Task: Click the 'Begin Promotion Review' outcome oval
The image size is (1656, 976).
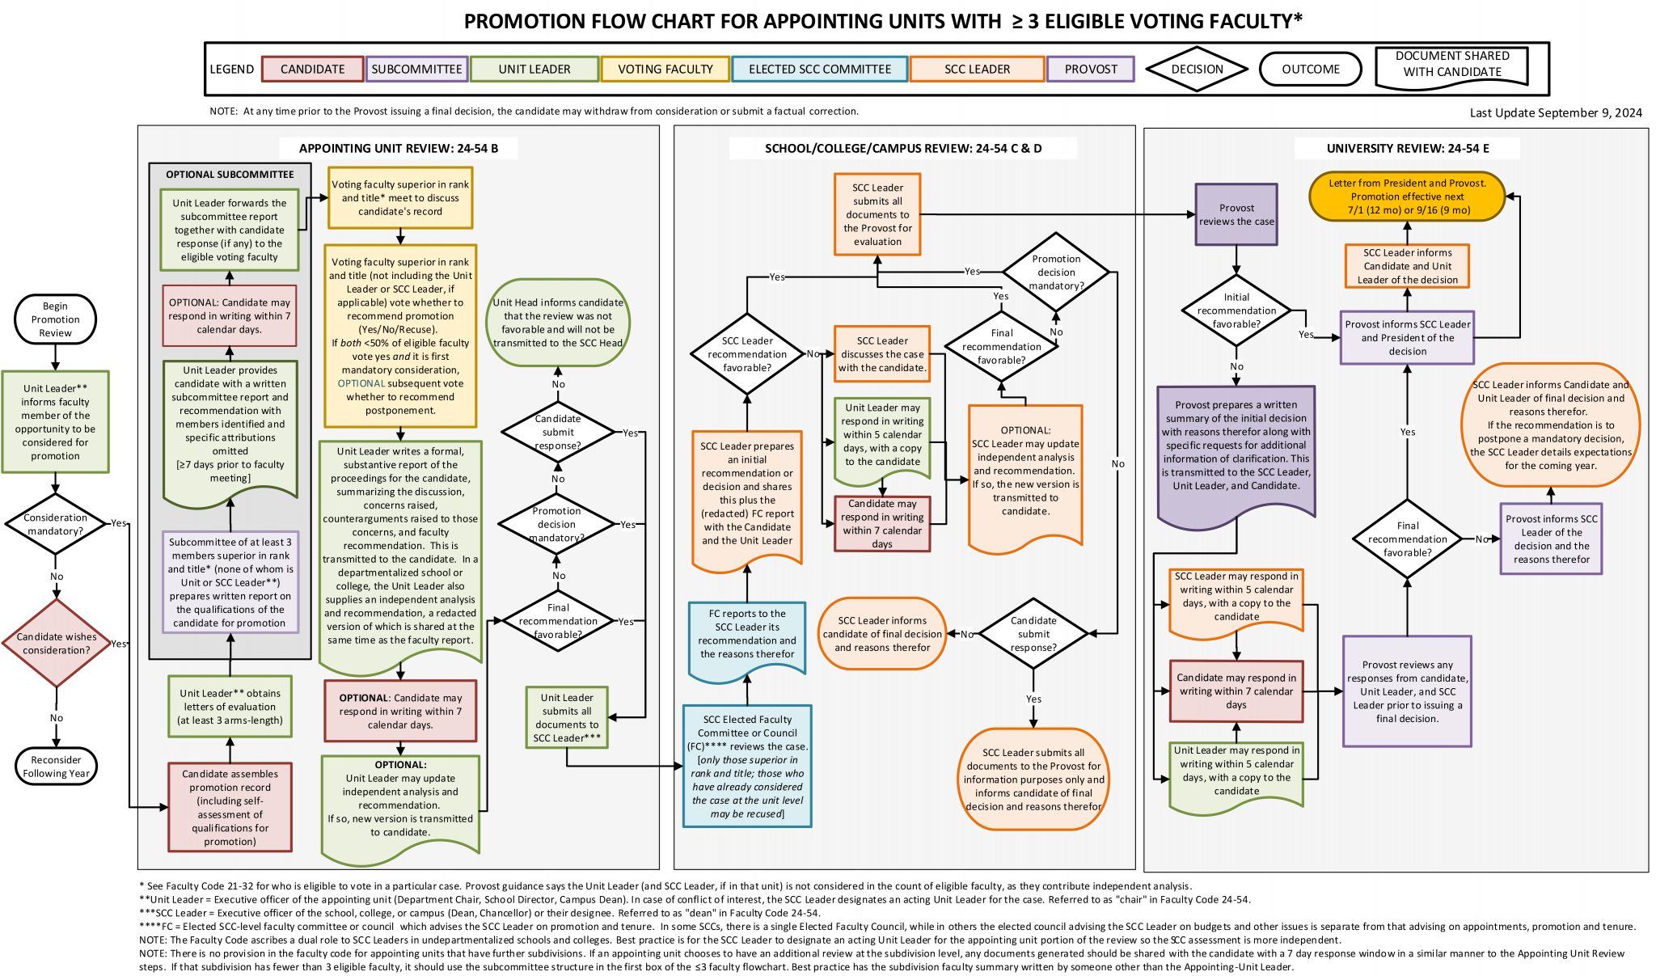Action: point(55,319)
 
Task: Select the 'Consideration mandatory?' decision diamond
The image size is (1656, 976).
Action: point(55,524)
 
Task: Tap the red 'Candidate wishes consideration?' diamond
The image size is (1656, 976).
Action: point(57,644)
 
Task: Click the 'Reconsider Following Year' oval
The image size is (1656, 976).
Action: point(57,766)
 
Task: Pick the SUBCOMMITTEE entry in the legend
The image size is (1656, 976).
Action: point(416,70)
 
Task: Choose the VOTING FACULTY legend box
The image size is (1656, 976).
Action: point(665,70)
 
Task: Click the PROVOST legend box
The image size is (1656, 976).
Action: point(1090,70)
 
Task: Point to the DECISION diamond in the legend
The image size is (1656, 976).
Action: point(1197,70)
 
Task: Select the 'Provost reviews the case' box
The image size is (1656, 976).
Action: point(1236,214)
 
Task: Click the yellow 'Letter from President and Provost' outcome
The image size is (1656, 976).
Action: point(1407,196)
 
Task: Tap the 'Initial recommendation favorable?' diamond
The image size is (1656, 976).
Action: point(1236,311)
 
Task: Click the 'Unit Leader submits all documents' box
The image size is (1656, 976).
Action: point(566,717)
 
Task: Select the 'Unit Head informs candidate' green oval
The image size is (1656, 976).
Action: point(558,323)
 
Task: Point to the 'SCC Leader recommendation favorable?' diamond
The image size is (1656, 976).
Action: point(747,354)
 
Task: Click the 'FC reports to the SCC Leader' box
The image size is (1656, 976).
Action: point(747,634)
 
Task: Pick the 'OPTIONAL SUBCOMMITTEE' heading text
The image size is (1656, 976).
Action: point(230,175)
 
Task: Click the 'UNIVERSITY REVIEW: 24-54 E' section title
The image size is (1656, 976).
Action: point(1407,148)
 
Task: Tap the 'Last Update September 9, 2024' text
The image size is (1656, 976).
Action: point(1555,113)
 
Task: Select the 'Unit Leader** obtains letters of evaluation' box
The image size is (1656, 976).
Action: point(230,707)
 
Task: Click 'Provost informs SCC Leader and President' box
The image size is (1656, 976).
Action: point(1407,338)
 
